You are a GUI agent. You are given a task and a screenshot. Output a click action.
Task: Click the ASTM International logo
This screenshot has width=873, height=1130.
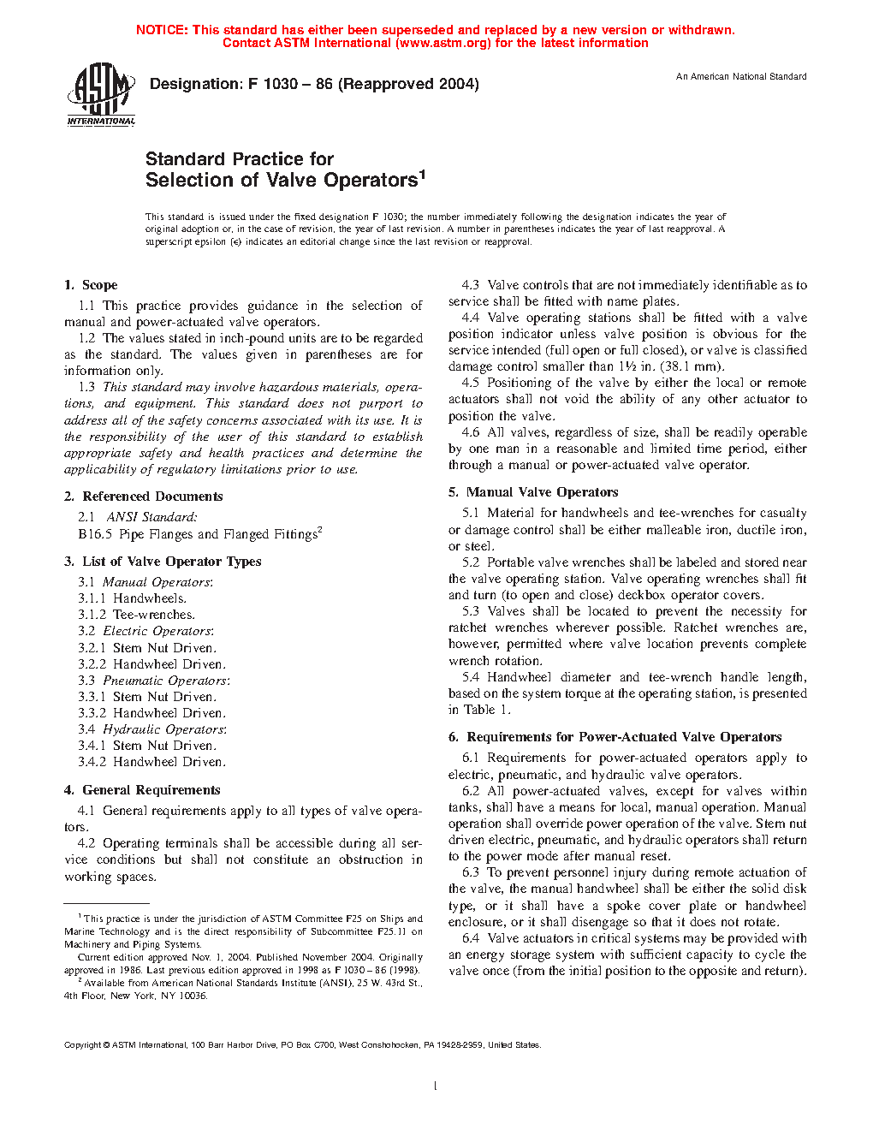[x=100, y=95]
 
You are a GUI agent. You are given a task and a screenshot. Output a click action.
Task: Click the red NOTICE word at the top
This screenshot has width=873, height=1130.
[x=162, y=30]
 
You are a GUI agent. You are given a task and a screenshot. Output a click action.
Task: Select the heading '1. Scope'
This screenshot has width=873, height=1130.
[x=91, y=285]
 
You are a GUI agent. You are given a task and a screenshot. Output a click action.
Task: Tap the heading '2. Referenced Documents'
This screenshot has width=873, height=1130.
[x=144, y=497]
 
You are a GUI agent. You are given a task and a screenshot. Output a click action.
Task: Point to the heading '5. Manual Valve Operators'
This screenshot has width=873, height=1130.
[x=533, y=492]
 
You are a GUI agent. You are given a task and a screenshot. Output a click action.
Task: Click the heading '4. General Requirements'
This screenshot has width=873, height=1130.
[x=142, y=790]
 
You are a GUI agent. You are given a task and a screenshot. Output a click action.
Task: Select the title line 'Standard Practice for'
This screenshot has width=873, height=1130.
[x=240, y=159]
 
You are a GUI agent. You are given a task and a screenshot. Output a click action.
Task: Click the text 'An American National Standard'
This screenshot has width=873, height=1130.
[x=741, y=77]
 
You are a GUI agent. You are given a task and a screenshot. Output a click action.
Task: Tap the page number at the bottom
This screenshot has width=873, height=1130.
[x=436, y=1086]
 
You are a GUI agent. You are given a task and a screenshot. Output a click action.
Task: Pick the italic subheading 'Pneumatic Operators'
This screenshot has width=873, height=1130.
[x=165, y=681]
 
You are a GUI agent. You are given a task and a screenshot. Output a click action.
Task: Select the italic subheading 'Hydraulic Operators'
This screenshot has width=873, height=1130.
[x=163, y=729]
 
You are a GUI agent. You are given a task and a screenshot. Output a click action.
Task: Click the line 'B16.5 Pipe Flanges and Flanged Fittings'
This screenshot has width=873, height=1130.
[x=199, y=534]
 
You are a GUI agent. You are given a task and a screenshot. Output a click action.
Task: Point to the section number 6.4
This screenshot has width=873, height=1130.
[x=471, y=938]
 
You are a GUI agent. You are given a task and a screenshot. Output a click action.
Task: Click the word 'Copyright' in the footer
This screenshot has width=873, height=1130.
[x=82, y=1044]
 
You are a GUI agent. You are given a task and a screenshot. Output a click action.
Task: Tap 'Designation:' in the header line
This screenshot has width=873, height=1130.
[x=196, y=84]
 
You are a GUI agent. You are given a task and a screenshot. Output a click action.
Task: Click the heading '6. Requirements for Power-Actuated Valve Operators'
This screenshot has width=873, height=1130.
[x=615, y=737]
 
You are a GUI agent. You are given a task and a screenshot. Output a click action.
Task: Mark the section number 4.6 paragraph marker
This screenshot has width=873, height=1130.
[x=471, y=432]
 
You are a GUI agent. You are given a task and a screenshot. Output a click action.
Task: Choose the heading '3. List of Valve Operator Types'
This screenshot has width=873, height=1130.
[x=163, y=562]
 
